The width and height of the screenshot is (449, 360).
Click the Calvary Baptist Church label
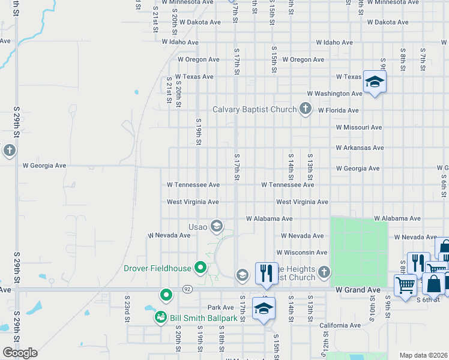tap(255, 109)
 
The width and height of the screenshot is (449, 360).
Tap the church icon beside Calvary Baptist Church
tap(306, 109)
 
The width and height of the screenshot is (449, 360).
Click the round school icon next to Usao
tap(217, 226)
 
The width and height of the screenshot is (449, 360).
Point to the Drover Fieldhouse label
tap(157, 268)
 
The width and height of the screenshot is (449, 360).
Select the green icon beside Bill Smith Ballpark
tap(160, 316)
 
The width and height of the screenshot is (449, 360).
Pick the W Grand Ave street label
tap(358, 290)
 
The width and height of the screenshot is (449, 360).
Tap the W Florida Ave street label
tap(339, 110)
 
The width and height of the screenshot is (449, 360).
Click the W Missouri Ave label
tap(359, 127)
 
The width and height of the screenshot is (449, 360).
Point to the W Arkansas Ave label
tap(360, 148)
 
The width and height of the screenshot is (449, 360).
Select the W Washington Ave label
tap(334, 94)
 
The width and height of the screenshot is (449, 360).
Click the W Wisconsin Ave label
tap(301, 253)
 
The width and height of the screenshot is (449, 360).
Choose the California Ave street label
tap(340, 325)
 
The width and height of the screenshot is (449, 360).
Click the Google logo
tap(20, 353)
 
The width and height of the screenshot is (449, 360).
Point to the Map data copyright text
tap(424, 355)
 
